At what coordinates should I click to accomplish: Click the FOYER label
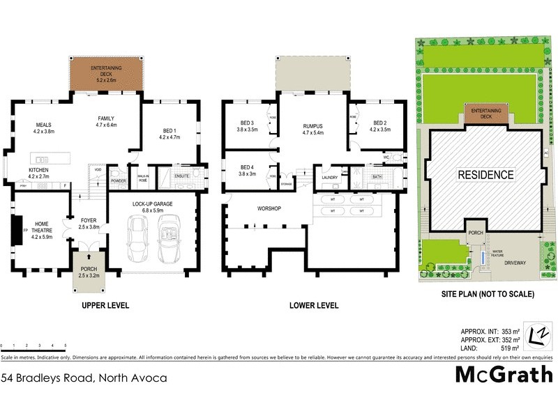pyautogui.click(x=88, y=222)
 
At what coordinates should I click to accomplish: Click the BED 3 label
pyautogui.click(x=248, y=125)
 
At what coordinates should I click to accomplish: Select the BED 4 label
pyautogui.click(x=247, y=171)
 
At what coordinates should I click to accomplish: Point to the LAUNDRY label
pyautogui.click(x=329, y=178)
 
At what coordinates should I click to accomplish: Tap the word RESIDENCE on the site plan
pyautogui.click(x=485, y=175)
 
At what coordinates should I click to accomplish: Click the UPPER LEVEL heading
pyautogui.click(x=107, y=305)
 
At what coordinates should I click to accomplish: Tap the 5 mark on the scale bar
pyautogui.click(x=65, y=346)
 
